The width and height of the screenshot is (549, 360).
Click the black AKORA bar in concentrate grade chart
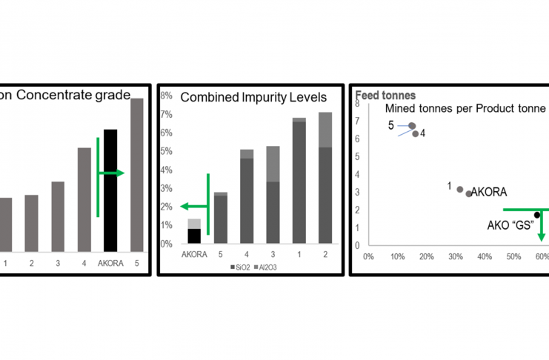(110, 190)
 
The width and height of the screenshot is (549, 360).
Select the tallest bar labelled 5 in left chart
(136, 175)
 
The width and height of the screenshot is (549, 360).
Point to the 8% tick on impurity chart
(167, 96)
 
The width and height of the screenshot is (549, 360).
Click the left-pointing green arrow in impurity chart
(194, 207)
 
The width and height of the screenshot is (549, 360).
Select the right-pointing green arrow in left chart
(112, 173)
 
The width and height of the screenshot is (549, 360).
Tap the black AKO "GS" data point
(537, 215)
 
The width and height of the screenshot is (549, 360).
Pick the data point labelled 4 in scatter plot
(416, 134)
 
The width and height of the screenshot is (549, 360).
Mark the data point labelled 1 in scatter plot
(460, 190)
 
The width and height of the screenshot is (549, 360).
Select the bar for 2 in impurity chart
(325, 178)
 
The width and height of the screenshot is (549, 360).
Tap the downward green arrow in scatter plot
(542, 226)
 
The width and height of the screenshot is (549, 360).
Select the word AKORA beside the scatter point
(489, 192)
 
